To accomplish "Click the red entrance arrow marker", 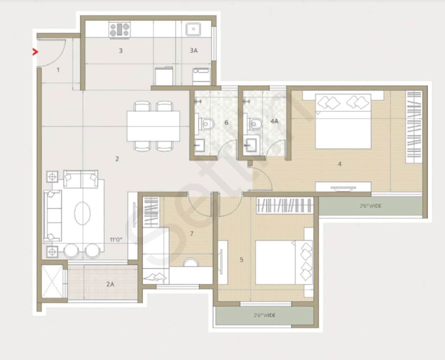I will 35,52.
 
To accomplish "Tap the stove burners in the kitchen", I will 119,30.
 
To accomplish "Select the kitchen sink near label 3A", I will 193,29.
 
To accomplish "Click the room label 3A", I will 194,51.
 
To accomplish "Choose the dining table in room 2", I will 153,126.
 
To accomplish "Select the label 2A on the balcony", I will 110,284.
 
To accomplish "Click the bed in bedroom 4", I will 343,122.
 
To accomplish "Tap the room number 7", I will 192,234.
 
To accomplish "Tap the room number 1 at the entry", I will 58,70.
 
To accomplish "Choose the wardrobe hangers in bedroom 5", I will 285,206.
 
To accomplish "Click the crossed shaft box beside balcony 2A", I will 53,281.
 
